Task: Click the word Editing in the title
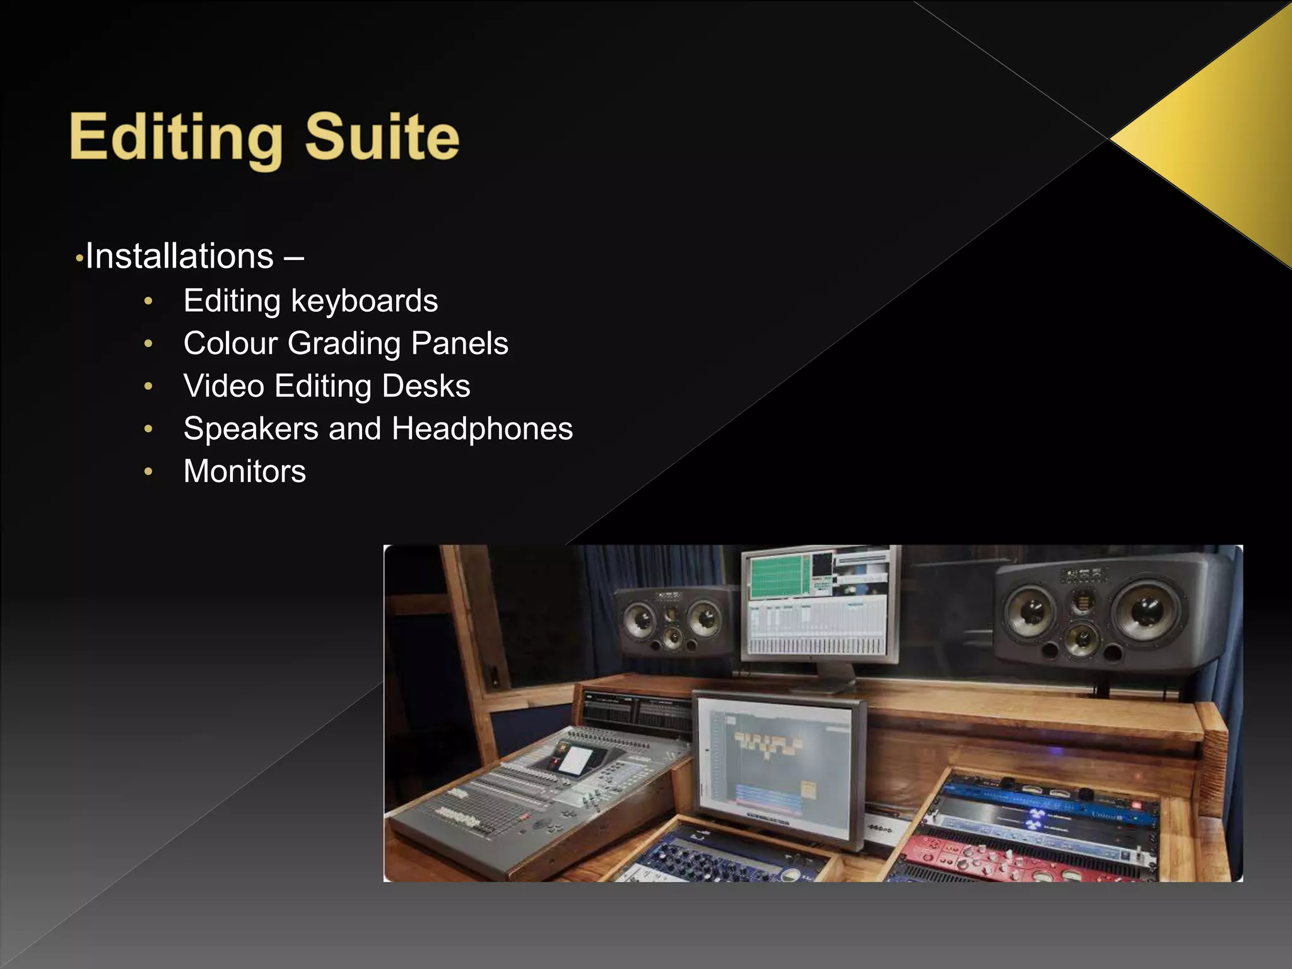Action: coord(176,138)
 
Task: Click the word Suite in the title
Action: coord(382,136)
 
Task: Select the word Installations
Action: coord(179,256)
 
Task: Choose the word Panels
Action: coord(459,344)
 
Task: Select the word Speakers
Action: coord(250,429)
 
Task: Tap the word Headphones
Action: coord(482,429)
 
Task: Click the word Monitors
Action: coord(245,471)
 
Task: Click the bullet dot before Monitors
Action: coord(148,471)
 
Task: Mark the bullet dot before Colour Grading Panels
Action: coord(148,344)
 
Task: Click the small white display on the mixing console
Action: coord(575,760)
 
